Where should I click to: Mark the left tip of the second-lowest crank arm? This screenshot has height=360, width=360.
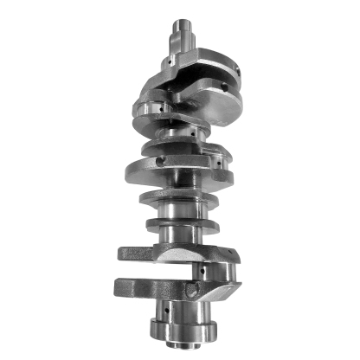122,254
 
